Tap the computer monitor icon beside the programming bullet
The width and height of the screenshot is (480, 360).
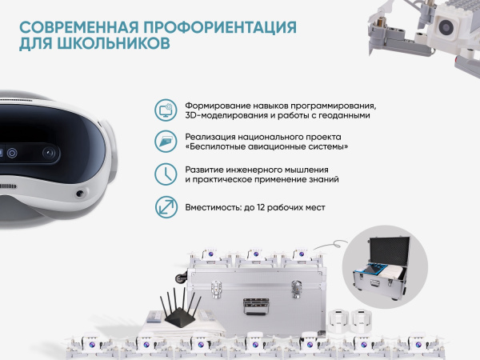pos(165,110)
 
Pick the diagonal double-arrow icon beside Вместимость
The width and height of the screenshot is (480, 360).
pos(165,207)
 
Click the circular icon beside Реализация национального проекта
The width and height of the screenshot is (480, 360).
pos(165,142)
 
